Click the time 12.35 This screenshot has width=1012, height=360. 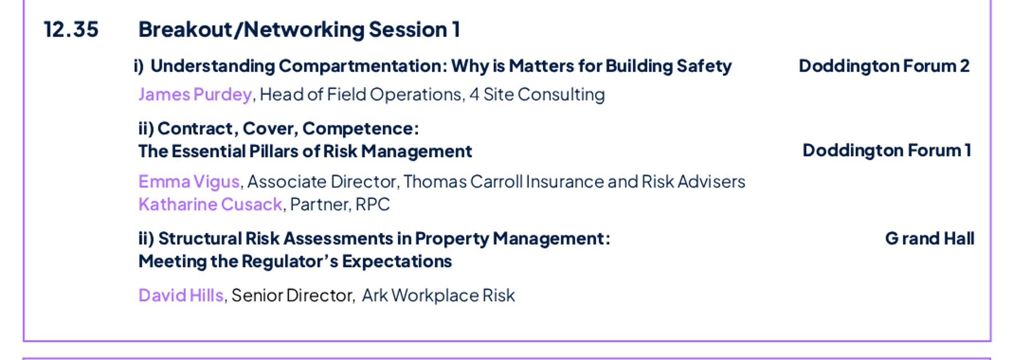[x=71, y=29]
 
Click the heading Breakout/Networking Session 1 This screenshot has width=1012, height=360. [x=299, y=29]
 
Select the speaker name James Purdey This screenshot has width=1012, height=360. [x=195, y=94]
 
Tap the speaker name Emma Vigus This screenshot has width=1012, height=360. [x=189, y=182]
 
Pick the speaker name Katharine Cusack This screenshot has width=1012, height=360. [x=210, y=204]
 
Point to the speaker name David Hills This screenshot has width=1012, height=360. [x=181, y=295]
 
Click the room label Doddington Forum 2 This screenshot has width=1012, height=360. [x=884, y=66]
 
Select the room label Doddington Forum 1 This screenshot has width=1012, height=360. [x=887, y=151]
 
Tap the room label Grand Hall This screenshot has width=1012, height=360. [x=929, y=238]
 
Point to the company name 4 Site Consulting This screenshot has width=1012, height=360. [x=537, y=94]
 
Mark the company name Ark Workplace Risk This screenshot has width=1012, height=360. [x=439, y=295]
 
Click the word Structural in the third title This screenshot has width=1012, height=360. [x=199, y=238]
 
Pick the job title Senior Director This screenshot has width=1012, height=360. [x=292, y=295]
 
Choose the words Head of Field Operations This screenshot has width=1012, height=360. [x=360, y=94]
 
